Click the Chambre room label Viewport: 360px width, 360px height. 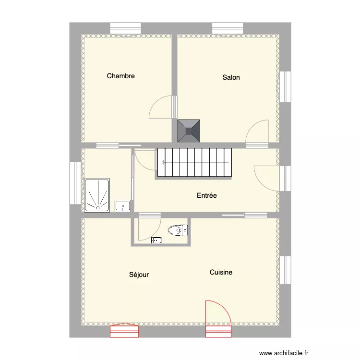click(120, 76)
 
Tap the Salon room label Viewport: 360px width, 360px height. click(231, 77)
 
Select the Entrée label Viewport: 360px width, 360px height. click(207, 195)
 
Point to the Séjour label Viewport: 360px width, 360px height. click(139, 275)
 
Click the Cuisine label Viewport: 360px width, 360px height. click(221, 272)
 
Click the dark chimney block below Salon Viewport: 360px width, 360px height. click(189, 131)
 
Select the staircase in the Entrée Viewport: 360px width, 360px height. click(194, 163)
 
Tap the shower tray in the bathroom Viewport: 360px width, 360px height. click(97, 195)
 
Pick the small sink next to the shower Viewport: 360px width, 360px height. click(123, 206)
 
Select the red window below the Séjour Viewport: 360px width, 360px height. click(124, 331)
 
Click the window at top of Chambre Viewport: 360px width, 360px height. click(125, 29)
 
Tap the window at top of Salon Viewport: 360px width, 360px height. click(228, 29)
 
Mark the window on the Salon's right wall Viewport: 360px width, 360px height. click(285, 86)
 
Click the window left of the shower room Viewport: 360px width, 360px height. click(75, 183)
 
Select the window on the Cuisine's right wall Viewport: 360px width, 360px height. click(285, 270)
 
